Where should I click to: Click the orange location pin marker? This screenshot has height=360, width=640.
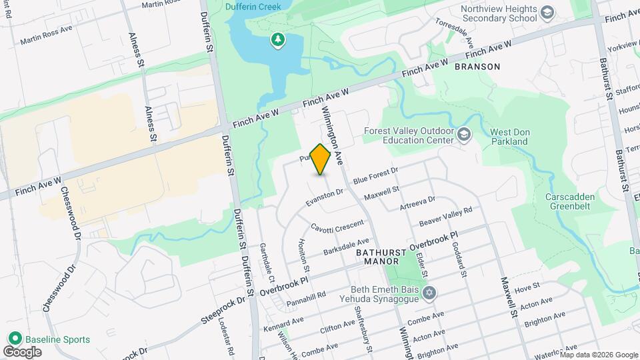321,159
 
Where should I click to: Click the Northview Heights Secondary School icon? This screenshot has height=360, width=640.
547,13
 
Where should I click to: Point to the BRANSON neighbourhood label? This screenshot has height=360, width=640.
477,67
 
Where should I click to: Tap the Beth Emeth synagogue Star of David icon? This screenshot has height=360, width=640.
430,293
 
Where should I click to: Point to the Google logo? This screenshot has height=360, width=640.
22,351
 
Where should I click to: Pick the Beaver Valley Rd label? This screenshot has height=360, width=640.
445,215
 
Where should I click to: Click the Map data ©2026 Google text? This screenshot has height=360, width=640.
598,354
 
